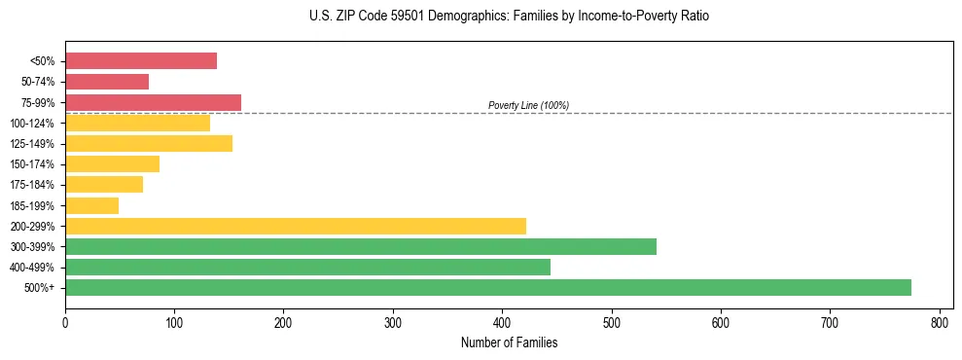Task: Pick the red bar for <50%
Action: pos(141,61)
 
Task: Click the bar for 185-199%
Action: pos(91,205)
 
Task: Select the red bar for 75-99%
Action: pos(153,102)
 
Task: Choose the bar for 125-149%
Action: pos(149,144)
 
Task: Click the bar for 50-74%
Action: pos(107,82)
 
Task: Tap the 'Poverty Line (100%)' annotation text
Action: pos(528,105)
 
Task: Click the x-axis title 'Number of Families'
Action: pos(509,342)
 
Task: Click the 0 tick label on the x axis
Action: pos(65,321)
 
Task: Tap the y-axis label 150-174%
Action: pos(32,164)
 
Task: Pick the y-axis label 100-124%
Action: pos(32,124)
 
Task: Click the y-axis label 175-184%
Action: pos(32,185)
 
